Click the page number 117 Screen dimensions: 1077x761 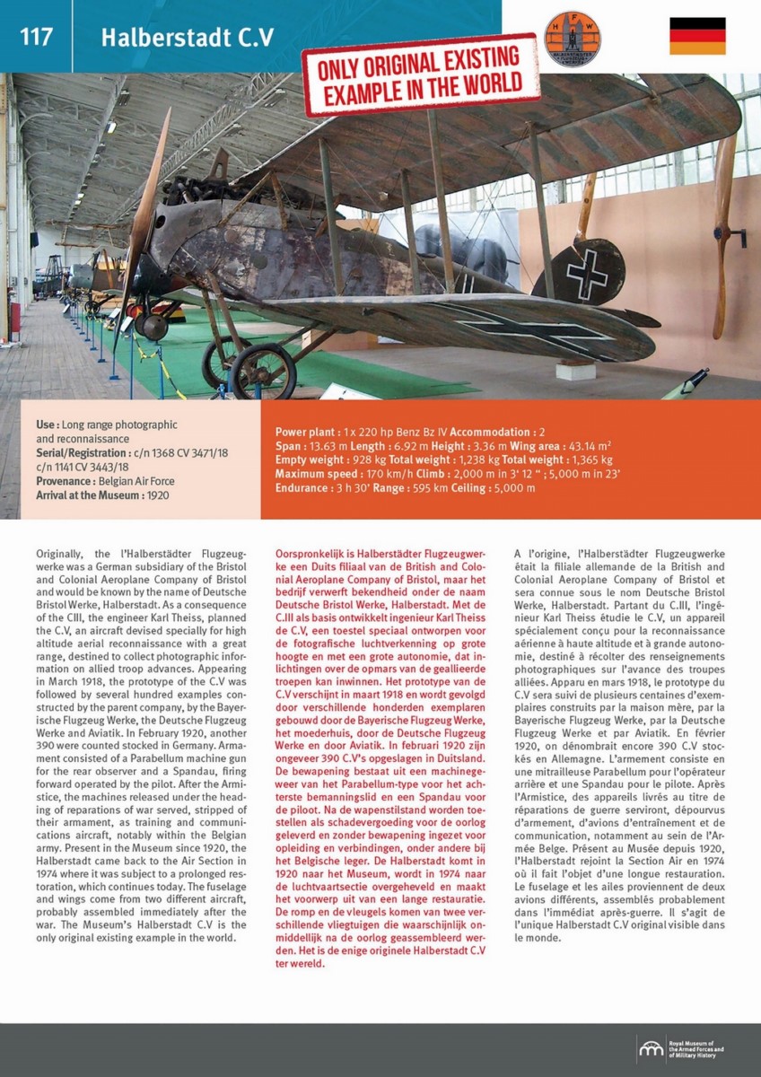coord(36,37)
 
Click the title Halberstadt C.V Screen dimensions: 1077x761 coord(187,38)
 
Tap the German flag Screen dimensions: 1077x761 coord(697,36)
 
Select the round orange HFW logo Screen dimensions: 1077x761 coord(573,37)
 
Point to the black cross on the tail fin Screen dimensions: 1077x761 coord(587,274)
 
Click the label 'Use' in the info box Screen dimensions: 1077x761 coord(47,425)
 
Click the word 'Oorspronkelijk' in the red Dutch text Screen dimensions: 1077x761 coord(306,555)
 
